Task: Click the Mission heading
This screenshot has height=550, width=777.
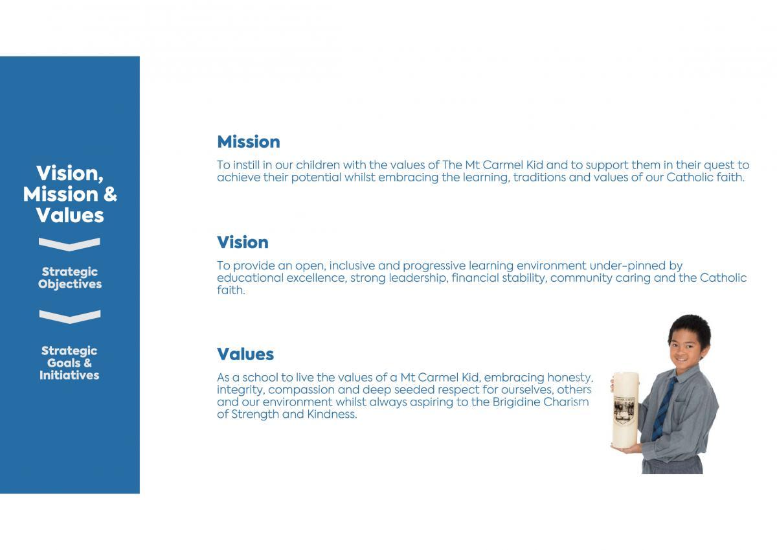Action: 249,142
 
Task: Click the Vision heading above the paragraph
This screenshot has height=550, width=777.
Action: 242,242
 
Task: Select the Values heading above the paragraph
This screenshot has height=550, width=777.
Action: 245,354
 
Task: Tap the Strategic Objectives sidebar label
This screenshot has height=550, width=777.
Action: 70,278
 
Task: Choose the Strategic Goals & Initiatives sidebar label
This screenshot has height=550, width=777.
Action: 69,363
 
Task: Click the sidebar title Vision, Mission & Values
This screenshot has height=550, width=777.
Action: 70,194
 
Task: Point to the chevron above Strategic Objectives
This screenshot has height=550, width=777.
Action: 69,244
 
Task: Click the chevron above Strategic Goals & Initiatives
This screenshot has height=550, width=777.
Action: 70,317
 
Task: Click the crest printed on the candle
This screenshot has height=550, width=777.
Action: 624,411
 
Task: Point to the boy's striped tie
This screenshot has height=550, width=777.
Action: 664,409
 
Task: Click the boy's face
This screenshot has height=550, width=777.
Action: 687,350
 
